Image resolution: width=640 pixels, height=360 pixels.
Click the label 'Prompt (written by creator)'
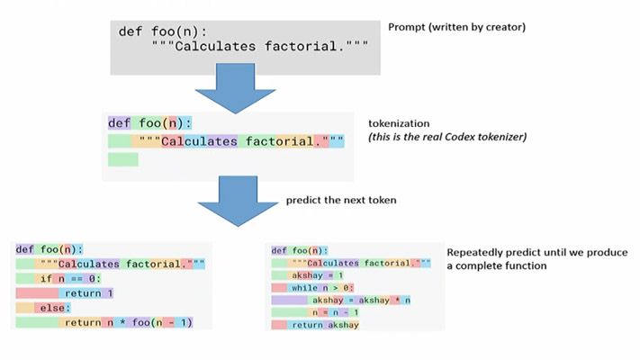(456, 27)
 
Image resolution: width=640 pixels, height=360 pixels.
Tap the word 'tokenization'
(399, 122)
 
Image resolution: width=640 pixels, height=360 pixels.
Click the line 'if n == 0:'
(72, 278)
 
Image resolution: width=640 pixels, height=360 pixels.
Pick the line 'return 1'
(88, 292)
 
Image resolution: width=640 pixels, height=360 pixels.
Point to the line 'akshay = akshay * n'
(360, 300)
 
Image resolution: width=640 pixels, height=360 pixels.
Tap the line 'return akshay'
(325, 325)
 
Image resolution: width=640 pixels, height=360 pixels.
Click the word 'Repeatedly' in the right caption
(473, 253)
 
